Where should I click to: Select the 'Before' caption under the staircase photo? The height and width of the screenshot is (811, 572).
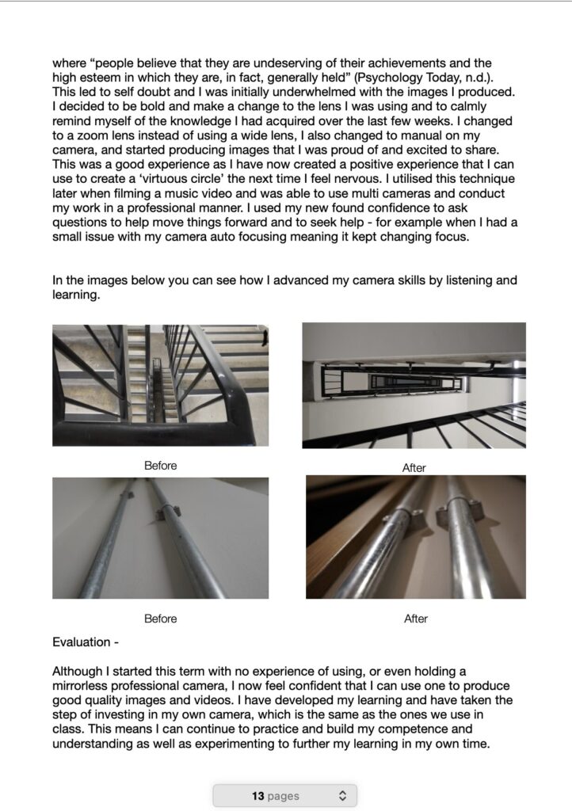(x=160, y=466)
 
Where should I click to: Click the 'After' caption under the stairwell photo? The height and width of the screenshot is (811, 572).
(x=414, y=468)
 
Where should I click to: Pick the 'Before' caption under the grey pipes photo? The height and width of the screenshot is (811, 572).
(x=160, y=619)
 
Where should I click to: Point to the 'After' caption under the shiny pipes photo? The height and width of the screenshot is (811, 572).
(x=415, y=619)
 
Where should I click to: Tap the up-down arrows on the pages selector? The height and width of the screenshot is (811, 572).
(x=342, y=795)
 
